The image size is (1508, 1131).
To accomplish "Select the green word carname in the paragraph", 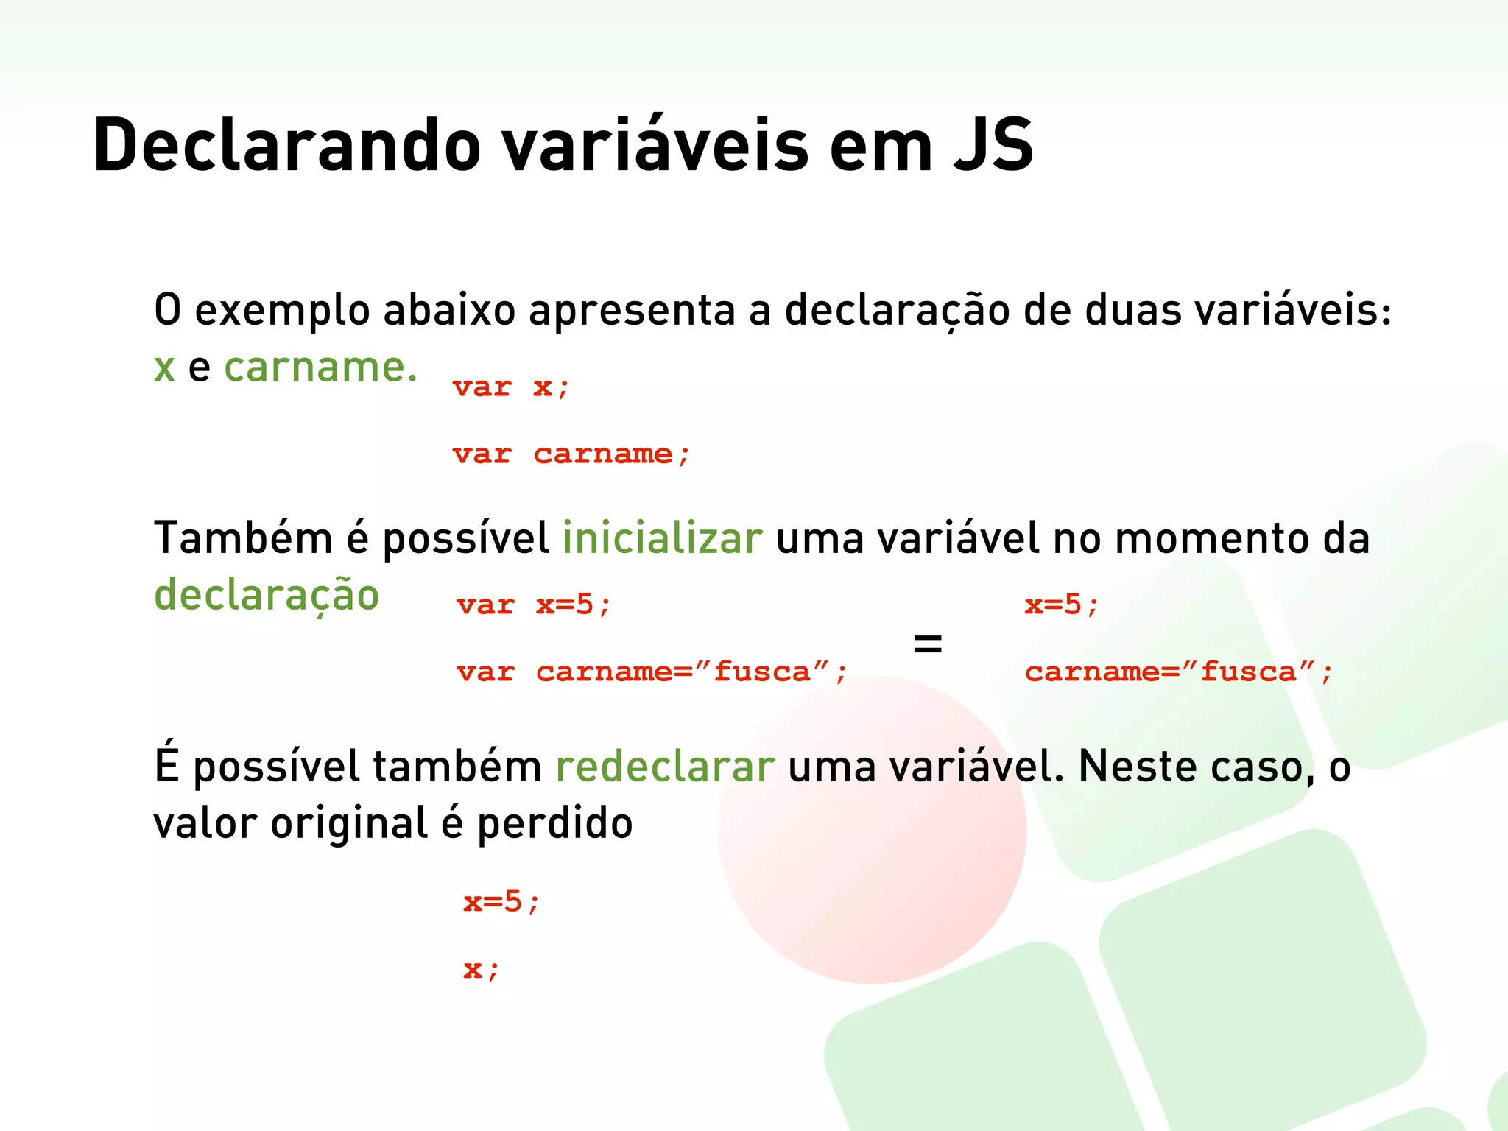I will (x=320, y=367).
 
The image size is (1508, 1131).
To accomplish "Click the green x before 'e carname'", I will (x=164, y=368).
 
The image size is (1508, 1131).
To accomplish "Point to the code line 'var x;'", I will (x=511, y=387).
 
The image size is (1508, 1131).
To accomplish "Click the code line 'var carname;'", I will (x=571, y=454).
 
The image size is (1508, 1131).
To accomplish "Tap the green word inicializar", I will (x=663, y=538).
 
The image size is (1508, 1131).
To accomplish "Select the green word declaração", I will (x=267, y=596).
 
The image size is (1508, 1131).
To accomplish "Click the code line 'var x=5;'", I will (x=534, y=605).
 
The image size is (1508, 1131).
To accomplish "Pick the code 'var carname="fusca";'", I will (x=652, y=672).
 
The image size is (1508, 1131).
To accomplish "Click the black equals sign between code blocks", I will (x=928, y=644).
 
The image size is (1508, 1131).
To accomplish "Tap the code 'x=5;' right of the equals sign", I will (x=1062, y=605).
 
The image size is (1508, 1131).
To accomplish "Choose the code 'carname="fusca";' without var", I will (x=1179, y=672).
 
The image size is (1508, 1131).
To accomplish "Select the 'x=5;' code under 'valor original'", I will (x=501, y=902).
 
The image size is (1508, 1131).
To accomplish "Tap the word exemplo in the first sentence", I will (x=282, y=311).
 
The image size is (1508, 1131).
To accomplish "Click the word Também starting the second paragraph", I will (x=243, y=538).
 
